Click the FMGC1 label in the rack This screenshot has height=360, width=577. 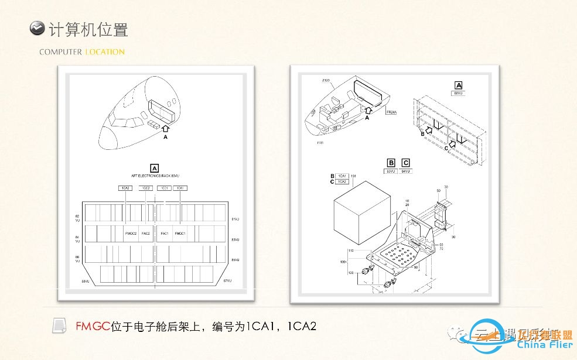pos(180,233)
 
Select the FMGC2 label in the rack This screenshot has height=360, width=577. pos(131,233)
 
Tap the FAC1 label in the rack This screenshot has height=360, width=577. pos(165,233)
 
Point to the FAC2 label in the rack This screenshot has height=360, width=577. pos(146,233)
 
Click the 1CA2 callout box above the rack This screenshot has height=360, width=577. pos(125,188)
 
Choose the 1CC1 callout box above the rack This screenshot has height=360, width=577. pos(165,188)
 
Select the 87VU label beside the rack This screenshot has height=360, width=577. pos(228,281)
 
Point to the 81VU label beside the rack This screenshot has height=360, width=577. pos(236,219)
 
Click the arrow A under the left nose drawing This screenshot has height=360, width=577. pos(165,128)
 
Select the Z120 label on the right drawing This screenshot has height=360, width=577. pos(326,80)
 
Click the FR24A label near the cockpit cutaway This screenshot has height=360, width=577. pos(391,112)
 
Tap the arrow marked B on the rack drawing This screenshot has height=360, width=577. pos(429,130)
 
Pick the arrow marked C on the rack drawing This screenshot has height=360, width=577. pos(453,144)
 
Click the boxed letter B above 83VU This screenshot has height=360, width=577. pos(391,163)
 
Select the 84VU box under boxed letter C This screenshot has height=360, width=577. pos(405,171)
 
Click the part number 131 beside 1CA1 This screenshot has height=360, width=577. pos(353,176)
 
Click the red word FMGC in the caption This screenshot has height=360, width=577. pos(93,326)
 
